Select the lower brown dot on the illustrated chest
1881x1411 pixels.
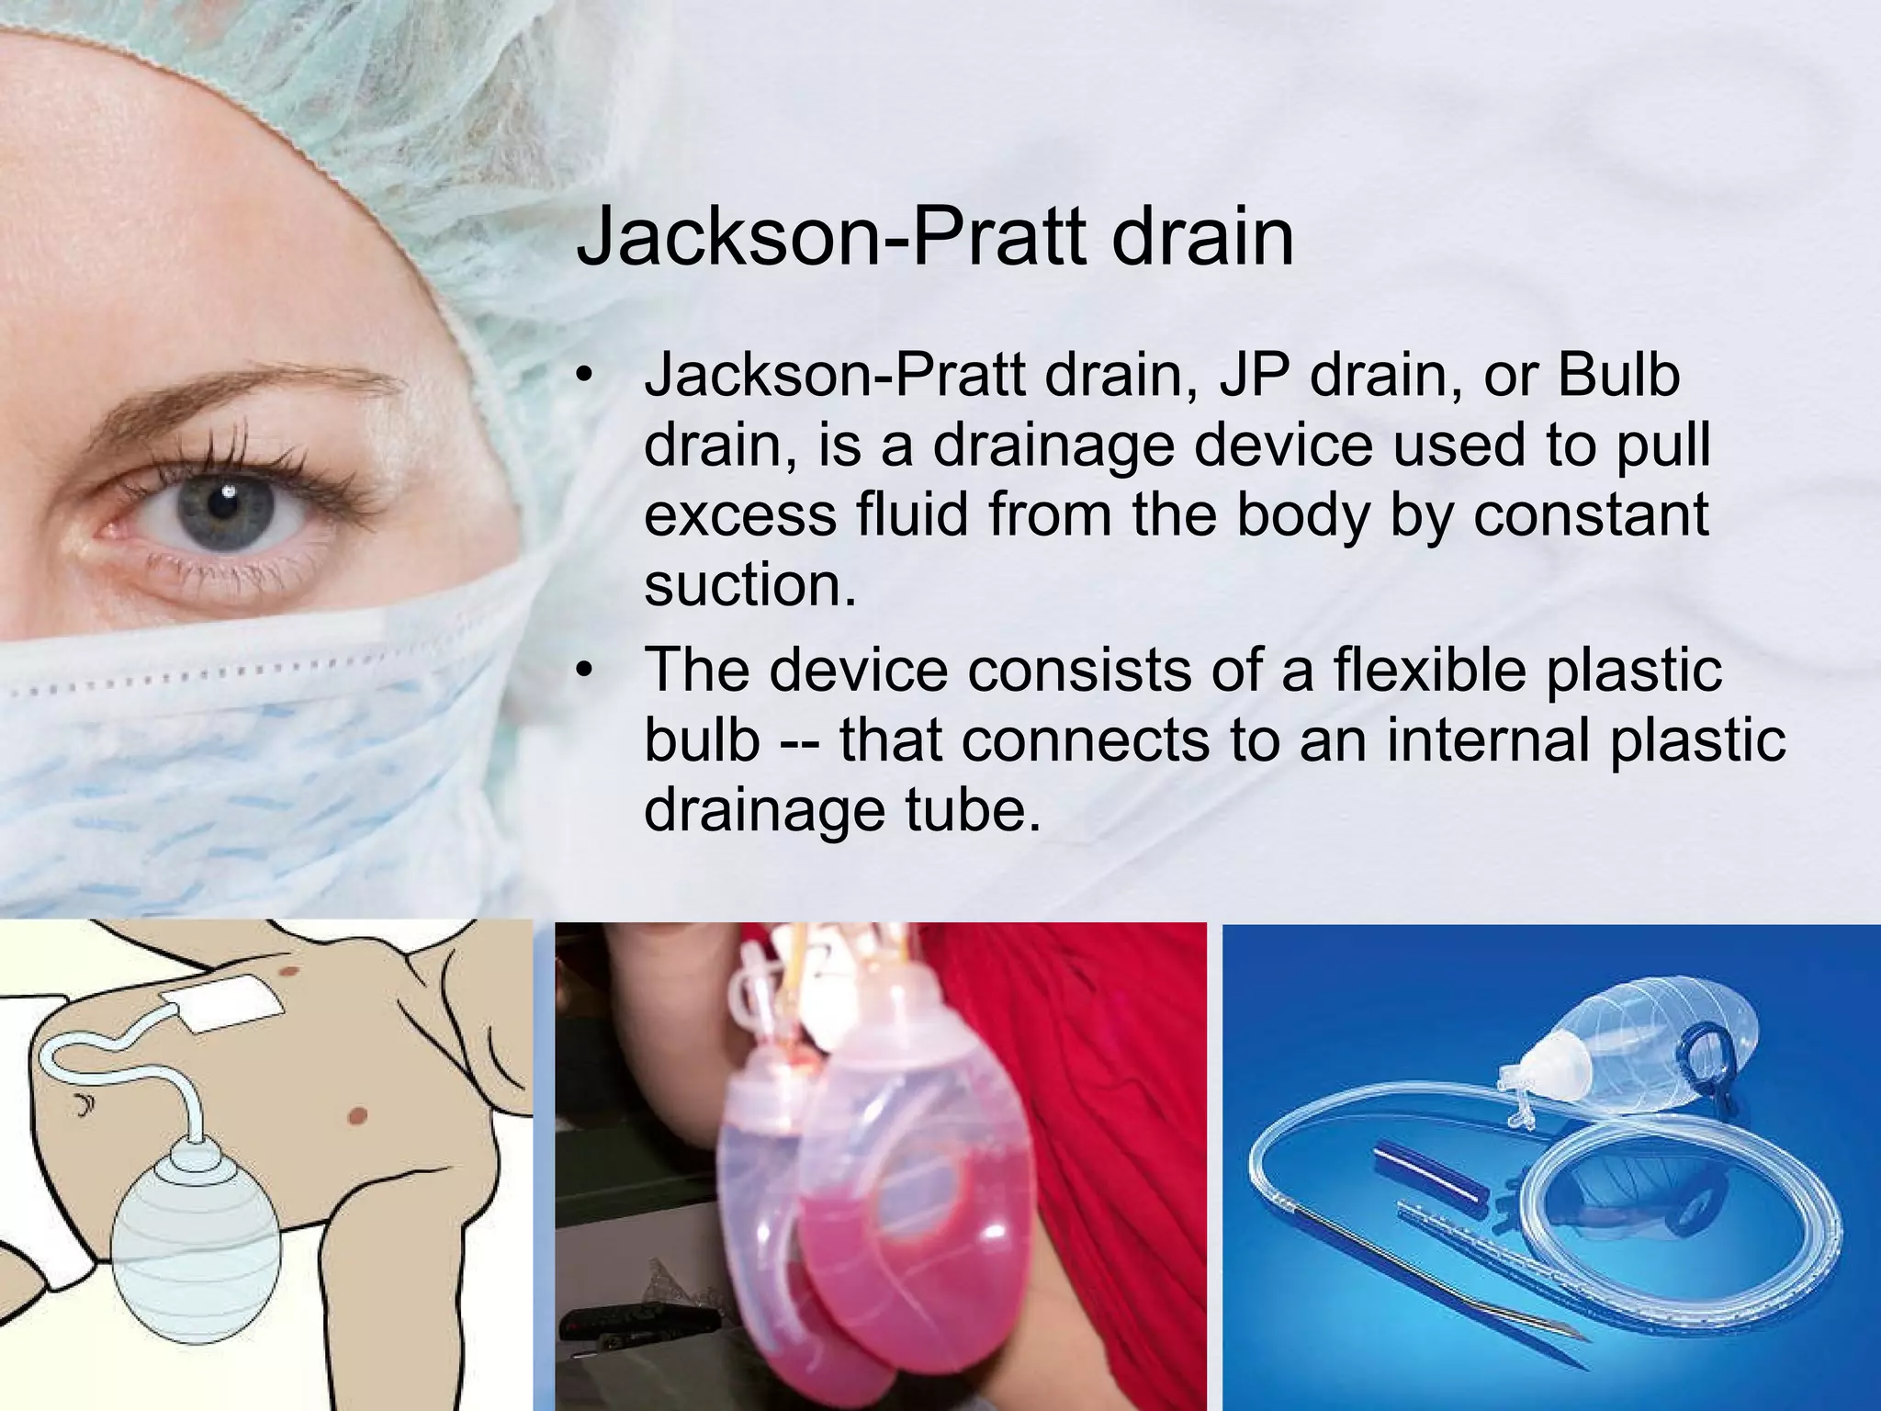[358, 1116]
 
